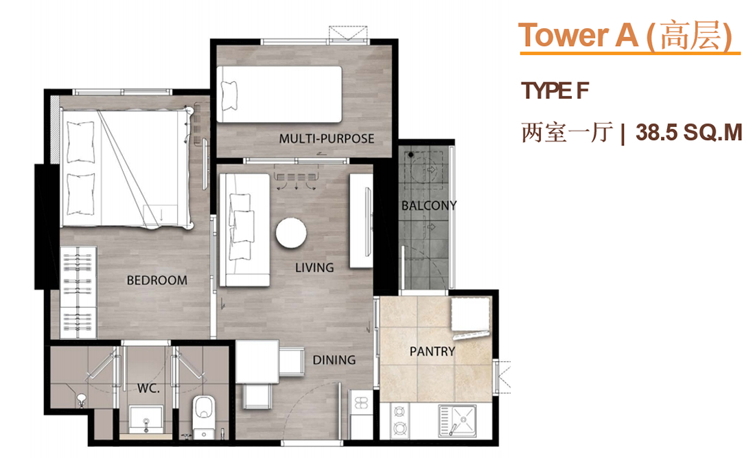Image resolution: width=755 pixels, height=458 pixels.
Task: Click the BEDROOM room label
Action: [157, 280]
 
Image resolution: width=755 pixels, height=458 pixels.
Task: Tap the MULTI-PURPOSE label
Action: [327, 139]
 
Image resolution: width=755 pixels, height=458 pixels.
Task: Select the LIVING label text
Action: [314, 268]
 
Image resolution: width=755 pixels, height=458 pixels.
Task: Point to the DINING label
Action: [334, 360]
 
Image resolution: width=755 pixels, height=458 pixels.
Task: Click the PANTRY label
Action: [432, 352]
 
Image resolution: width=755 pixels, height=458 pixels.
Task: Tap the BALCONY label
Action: [429, 205]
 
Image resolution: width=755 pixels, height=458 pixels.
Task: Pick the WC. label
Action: [148, 388]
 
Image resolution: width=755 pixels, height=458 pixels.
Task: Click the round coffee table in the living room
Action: [291, 233]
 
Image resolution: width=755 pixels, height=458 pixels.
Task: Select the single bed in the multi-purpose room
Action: [279, 94]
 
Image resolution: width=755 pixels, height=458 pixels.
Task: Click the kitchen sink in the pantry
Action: [457, 420]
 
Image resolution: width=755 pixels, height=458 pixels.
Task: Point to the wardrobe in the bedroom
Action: [78, 293]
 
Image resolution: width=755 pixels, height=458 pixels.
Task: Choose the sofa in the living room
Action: [244, 230]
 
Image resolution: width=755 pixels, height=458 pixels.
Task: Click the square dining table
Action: [257, 362]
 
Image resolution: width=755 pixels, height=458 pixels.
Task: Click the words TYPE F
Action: [555, 91]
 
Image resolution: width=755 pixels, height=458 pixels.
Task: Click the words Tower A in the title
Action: [579, 35]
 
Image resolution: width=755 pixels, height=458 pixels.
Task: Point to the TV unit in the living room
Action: [361, 220]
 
